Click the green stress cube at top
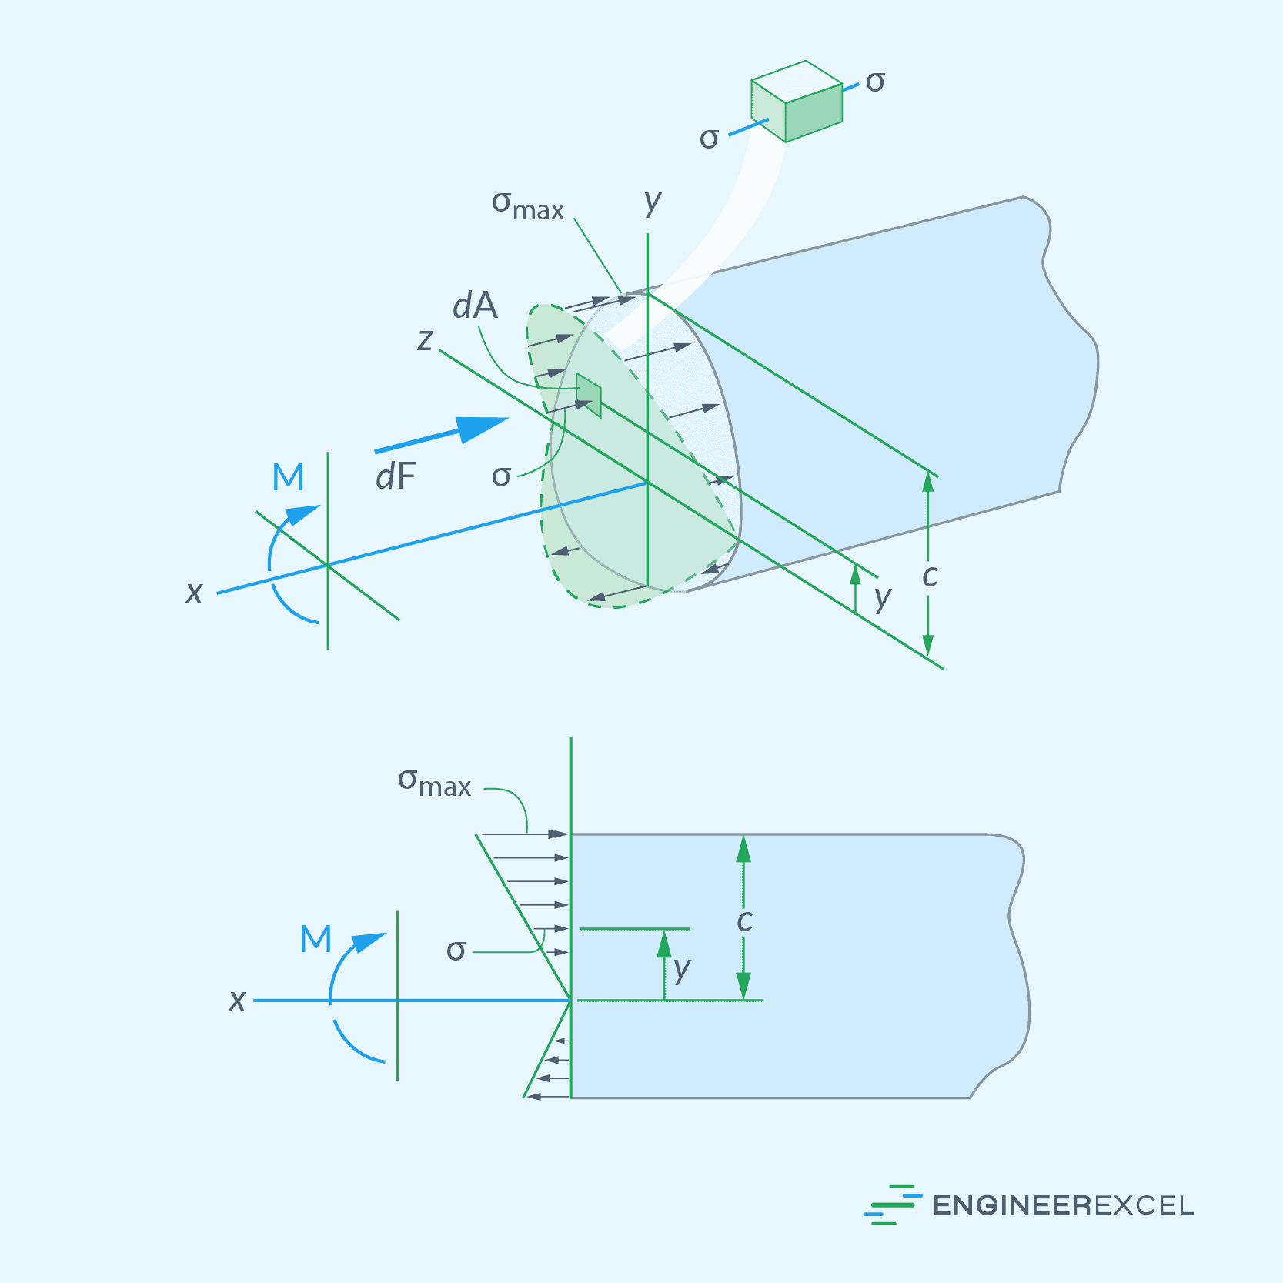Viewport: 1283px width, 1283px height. pyautogui.click(x=797, y=102)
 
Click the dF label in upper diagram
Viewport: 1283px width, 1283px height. pyautogui.click(x=395, y=477)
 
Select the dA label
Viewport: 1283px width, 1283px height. pyautogui.click(x=475, y=306)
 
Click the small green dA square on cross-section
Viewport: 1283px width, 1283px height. pyautogui.click(x=589, y=395)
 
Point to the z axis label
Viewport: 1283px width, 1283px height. pyautogui.click(x=425, y=339)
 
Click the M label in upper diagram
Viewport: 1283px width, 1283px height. pyautogui.click(x=289, y=477)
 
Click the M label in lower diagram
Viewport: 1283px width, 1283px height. pyautogui.click(x=316, y=939)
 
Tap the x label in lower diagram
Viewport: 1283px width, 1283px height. pyautogui.click(x=237, y=1001)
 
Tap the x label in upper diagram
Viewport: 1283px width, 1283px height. pyautogui.click(x=194, y=593)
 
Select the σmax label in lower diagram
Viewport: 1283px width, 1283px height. pyautogui.click(x=434, y=782)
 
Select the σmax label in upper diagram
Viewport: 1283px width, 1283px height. pyautogui.click(x=528, y=205)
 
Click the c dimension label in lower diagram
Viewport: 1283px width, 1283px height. pyautogui.click(x=744, y=920)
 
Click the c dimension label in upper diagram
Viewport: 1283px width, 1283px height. pyautogui.click(x=930, y=576)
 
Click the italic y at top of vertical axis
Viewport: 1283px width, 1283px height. pyautogui.click(x=653, y=202)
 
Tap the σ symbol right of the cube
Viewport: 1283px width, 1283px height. pyautogui.click(x=875, y=82)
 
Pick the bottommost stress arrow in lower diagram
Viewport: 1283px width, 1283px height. pyautogui.click(x=548, y=1096)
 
